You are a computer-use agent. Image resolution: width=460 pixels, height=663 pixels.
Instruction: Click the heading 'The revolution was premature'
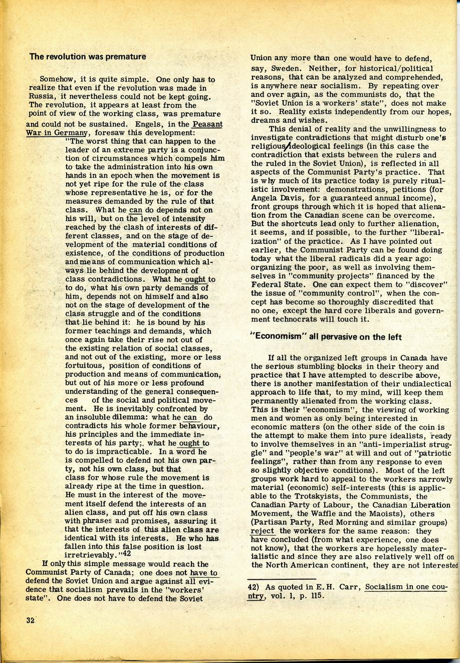[88, 57]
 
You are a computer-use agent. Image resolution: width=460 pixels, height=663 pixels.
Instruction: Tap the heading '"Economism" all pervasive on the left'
[326, 337]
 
